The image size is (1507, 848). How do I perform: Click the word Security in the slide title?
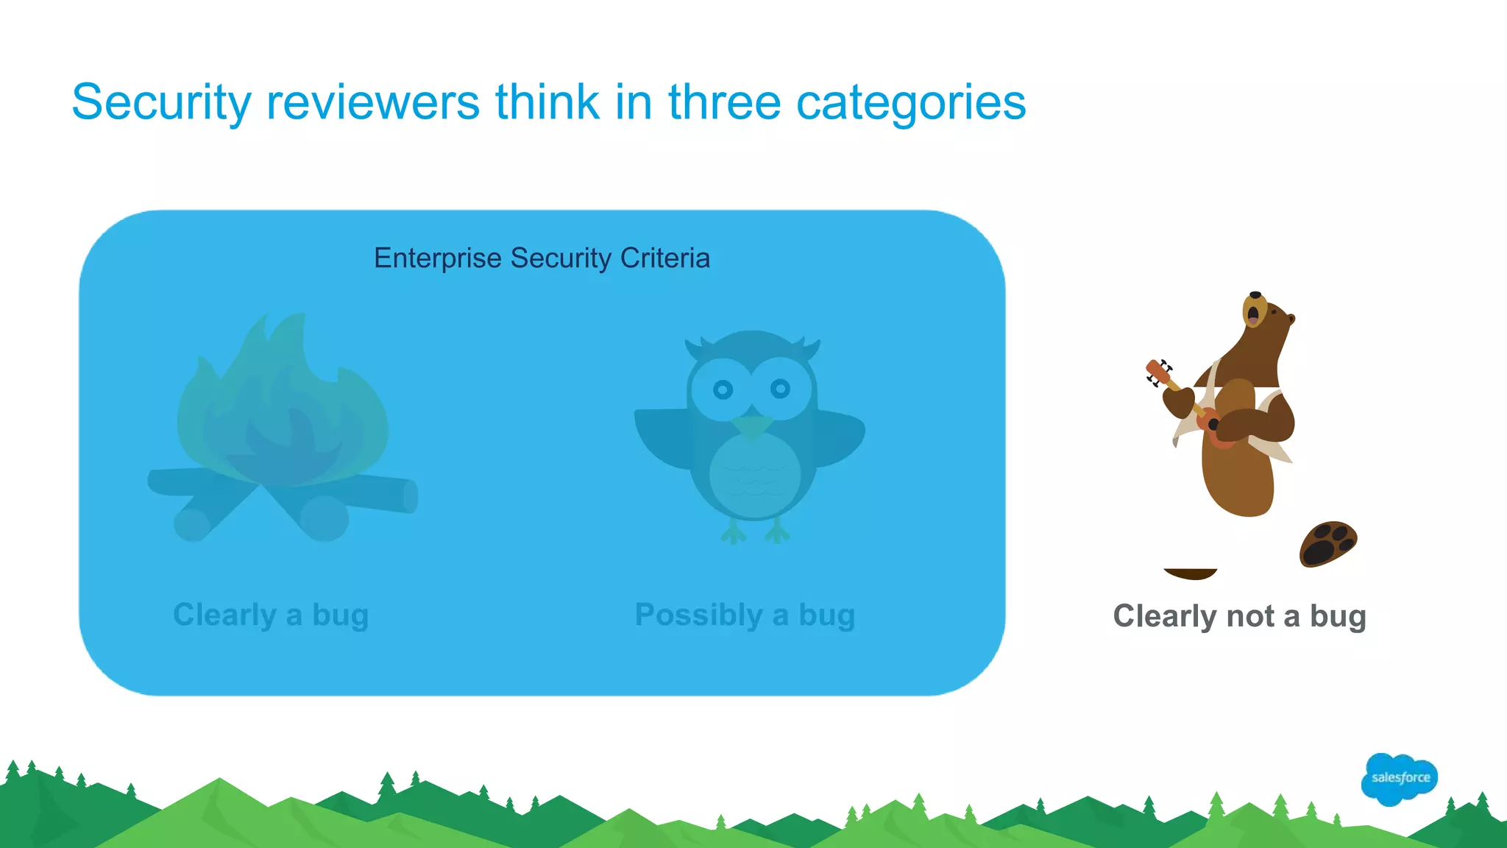(161, 102)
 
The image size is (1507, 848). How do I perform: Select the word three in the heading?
(724, 102)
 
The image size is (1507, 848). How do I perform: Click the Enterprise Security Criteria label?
(542, 258)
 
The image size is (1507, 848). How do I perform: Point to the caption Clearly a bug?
(271, 615)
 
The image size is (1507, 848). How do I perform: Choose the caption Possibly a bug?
(745, 615)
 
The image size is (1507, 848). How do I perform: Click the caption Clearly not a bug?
(1239, 616)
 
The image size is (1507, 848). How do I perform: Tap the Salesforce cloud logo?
(1400, 778)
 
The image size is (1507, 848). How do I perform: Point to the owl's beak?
(752, 425)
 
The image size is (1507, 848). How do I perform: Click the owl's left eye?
(723, 389)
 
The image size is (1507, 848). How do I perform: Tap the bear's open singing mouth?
(1252, 314)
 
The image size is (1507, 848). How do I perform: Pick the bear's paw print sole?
(1327, 544)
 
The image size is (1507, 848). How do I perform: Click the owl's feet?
(755, 531)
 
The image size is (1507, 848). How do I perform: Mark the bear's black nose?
(1255, 295)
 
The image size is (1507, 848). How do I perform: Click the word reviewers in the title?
(373, 102)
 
